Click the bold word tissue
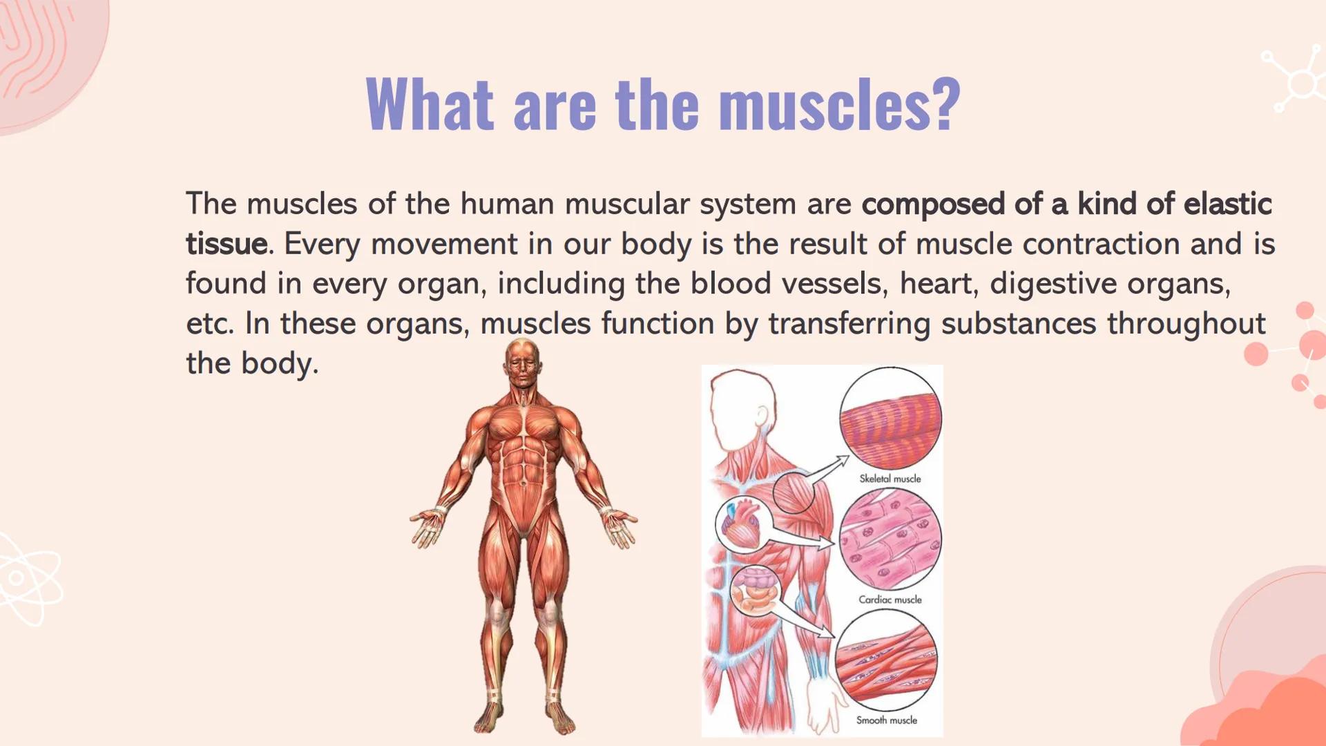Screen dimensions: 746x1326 226,244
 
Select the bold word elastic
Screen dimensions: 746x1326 1227,204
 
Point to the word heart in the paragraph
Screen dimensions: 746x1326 938,283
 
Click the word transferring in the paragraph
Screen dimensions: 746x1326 849,323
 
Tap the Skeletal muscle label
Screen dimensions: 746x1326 890,478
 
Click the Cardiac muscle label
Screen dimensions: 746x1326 890,600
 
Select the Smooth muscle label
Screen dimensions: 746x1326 886,720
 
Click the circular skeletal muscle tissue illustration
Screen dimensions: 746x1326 890,419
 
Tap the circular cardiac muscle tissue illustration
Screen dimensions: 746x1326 890,539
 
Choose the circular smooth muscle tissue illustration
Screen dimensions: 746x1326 886,660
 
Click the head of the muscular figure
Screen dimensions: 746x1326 523,364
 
